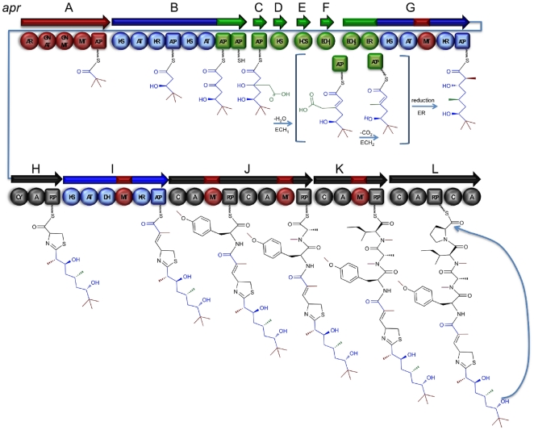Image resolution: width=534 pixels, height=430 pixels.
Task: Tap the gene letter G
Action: tap(410, 7)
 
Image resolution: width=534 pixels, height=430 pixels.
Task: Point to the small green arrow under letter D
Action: tap(279, 22)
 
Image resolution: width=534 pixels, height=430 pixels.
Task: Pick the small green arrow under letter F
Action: tap(326, 22)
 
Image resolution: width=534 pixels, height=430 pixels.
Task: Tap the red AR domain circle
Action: tap(30, 40)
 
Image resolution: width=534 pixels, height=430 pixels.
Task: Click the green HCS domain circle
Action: tap(304, 40)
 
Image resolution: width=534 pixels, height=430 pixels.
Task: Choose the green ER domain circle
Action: tap(370, 40)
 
